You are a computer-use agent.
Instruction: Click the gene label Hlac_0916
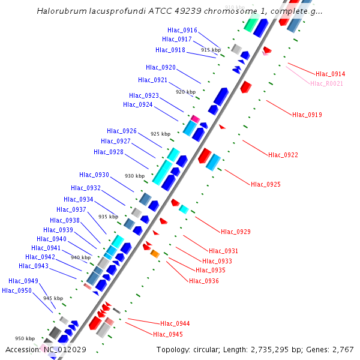182,30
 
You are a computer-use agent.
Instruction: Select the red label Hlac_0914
331,74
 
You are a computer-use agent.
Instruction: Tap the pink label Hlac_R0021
326,83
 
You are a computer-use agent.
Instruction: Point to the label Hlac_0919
307,114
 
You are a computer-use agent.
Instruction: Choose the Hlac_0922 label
283,155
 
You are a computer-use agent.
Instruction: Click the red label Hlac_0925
266,184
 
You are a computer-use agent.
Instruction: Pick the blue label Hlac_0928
109,152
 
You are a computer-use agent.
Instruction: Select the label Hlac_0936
204,281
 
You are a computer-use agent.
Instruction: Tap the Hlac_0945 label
168,334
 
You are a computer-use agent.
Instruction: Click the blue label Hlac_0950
17,290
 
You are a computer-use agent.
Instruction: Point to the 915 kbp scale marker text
211,50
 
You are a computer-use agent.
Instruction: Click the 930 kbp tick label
134,176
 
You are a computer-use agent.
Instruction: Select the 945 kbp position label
53,298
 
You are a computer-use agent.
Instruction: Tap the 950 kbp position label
25,338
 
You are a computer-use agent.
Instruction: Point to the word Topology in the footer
174,349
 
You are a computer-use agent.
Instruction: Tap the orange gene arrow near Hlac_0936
155,254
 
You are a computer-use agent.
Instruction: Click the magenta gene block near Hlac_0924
195,119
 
